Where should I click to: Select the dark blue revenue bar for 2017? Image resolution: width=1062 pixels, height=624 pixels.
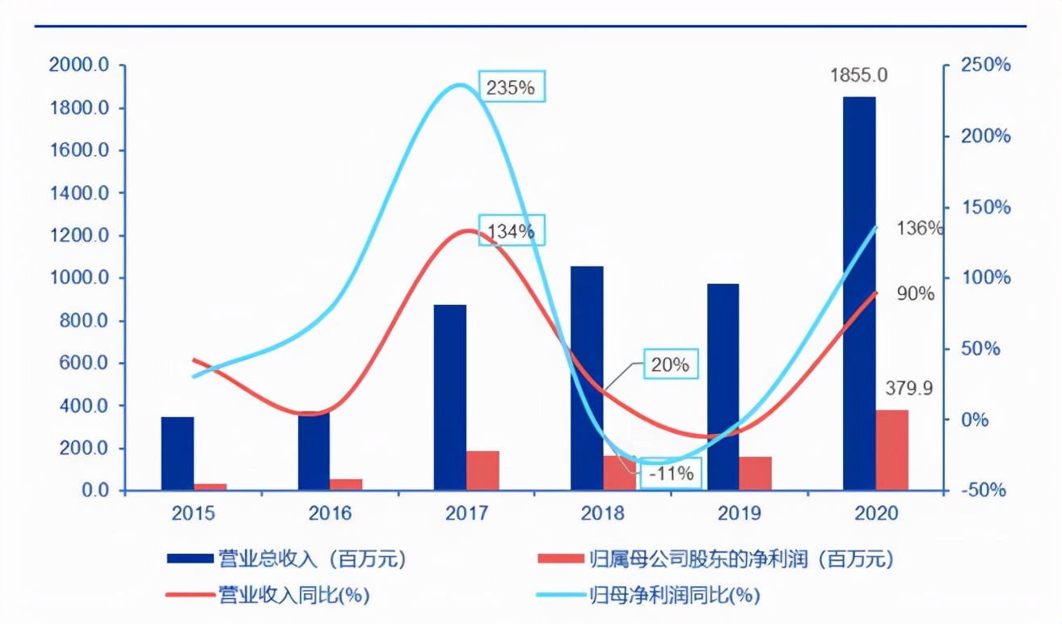tap(449, 397)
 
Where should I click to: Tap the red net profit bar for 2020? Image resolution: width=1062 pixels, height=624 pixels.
tap(892, 449)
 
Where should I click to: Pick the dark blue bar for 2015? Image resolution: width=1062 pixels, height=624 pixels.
tap(177, 453)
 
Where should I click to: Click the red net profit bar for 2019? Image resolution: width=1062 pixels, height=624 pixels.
tap(756, 474)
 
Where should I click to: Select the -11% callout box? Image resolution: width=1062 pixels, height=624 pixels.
tap(671, 474)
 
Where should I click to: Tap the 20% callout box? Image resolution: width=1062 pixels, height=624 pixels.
tap(671, 365)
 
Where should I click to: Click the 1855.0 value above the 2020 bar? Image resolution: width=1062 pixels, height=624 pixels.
tap(859, 75)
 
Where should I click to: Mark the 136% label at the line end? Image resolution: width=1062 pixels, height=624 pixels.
tap(920, 228)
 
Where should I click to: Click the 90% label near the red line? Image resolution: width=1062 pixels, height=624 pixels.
tap(915, 293)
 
